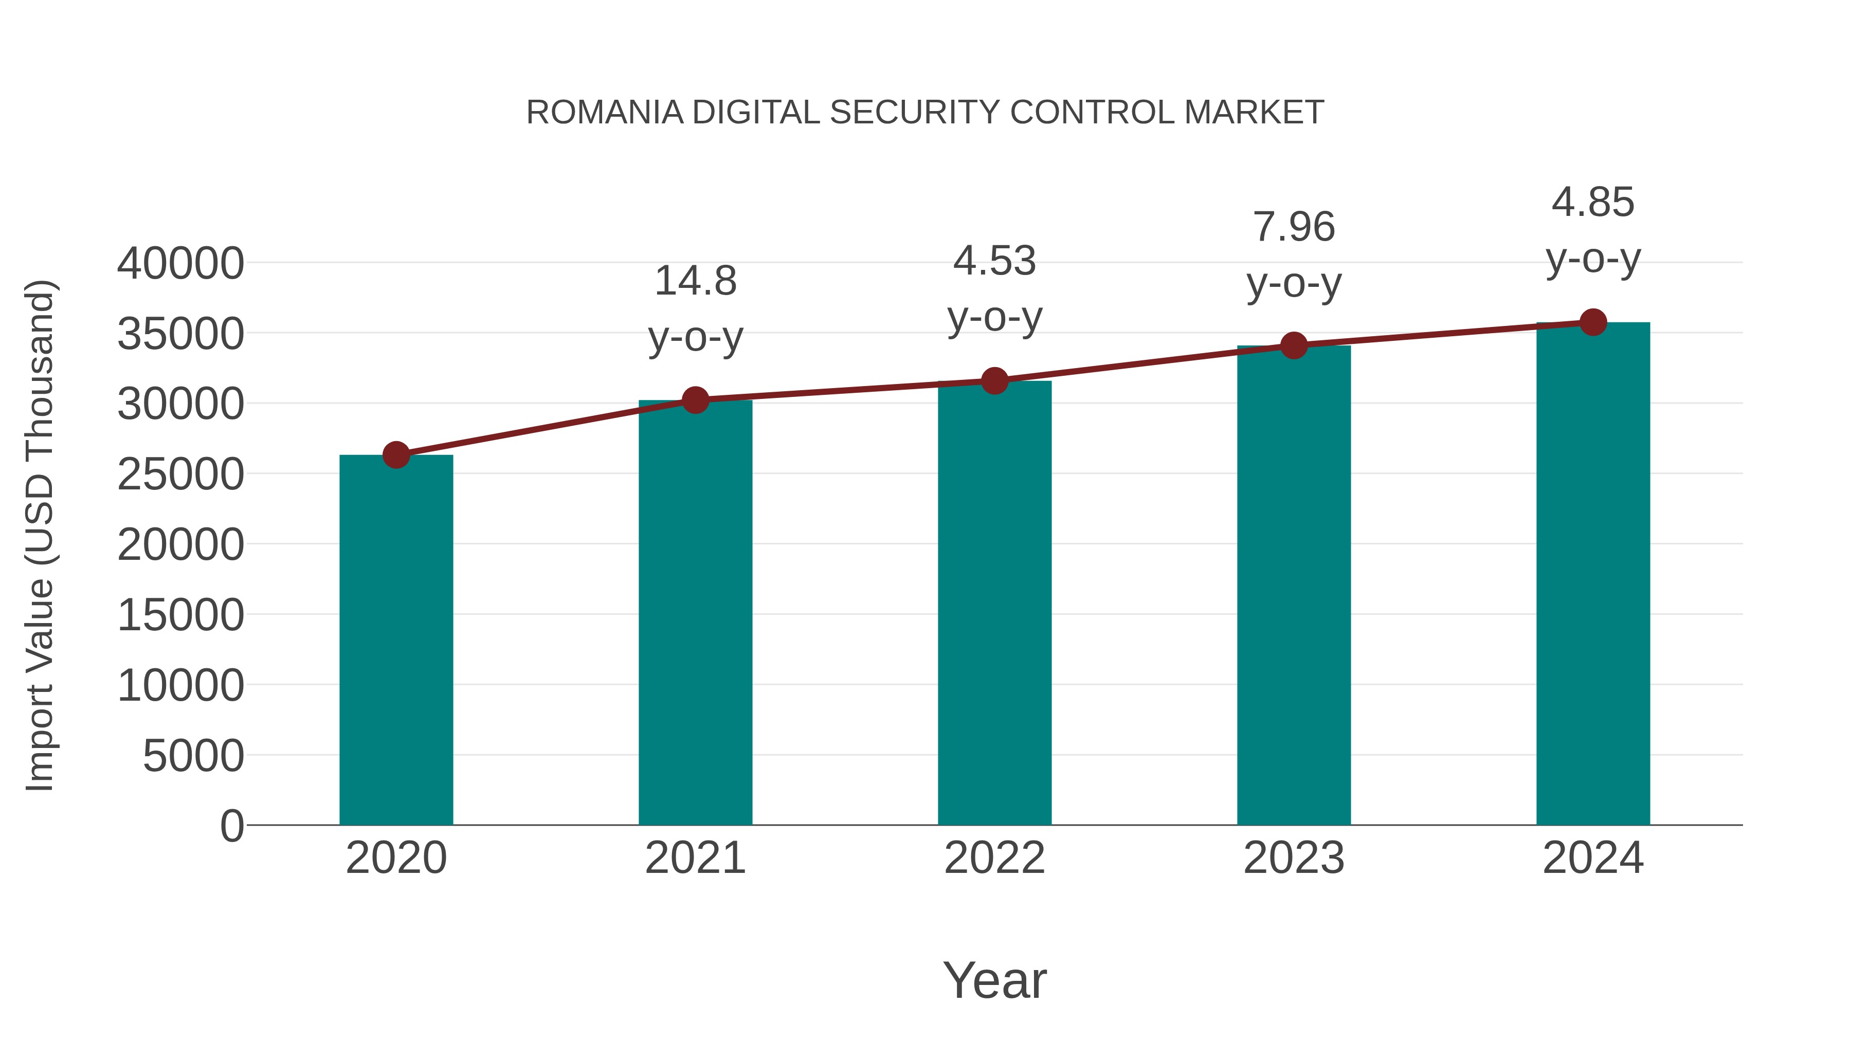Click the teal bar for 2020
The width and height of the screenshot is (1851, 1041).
tap(396, 640)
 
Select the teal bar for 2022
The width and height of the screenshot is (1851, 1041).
tap(994, 604)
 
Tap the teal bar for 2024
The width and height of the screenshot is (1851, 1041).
tap(1593, 575)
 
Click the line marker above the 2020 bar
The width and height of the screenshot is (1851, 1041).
tap(396, 455)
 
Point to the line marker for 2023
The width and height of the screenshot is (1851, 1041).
tap(1294, 345)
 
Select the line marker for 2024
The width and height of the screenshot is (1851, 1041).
tap(1593, 322)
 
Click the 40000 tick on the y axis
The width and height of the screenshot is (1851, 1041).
tap(180, 264)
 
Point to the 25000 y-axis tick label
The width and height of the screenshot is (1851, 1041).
tap(180, 475)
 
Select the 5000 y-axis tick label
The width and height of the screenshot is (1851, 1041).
tap(193, 757)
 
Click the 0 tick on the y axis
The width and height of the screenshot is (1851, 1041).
tap(232, 826)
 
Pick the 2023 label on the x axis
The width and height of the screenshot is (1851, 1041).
tap(1294, 859)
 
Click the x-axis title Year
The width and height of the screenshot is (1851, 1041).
tap(994, 981)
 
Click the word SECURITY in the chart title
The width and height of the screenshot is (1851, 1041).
tap(914, 113)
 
